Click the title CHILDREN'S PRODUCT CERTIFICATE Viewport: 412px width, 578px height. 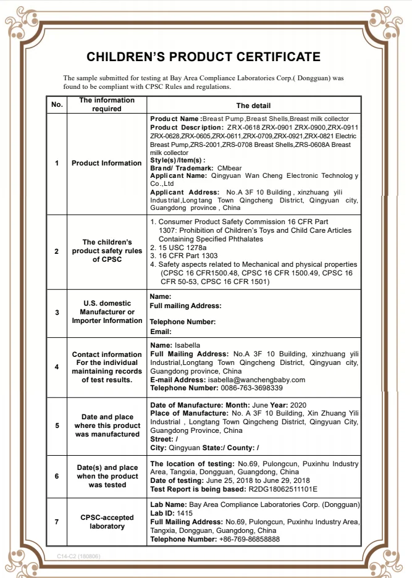pos(203,57)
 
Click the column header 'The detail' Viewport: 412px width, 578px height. pos(253,106)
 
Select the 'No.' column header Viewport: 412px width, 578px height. pos(57,105)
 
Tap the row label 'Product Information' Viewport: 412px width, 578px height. pos(106,163)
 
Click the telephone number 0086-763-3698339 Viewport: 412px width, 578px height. pos(251,388)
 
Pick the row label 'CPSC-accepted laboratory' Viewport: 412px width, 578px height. pos(106,522)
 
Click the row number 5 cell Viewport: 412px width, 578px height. pos(57,425)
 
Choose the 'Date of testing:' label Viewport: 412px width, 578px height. pos(177,480)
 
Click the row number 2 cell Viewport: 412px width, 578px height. pos(57,251)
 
